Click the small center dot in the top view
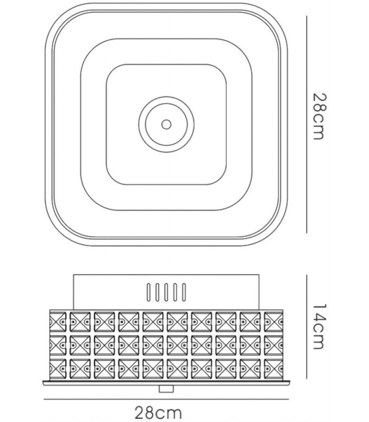[x=166, y=124]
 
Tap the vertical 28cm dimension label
[x=321, y=116]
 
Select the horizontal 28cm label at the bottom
[x=158, y=413]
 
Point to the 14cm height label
[x=321, y=327]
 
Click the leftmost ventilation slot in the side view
[x=149, y=292]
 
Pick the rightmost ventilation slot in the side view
[x=184, y=292]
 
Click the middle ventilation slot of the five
[x=166, y=292]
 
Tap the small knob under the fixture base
[x=166, y=389]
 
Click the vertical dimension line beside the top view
[x=307, y=124]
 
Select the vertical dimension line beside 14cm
[x=307, y=327]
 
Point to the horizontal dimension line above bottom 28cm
[x=166, y=399]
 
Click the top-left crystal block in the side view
[x=57, y=321]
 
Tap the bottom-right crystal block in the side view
[x=274, y=369]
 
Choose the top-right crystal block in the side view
[x=274, y=321]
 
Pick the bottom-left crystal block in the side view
[x=57, y=369]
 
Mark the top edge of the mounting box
[x=166, y=275]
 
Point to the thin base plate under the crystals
[x=166, y=382]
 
